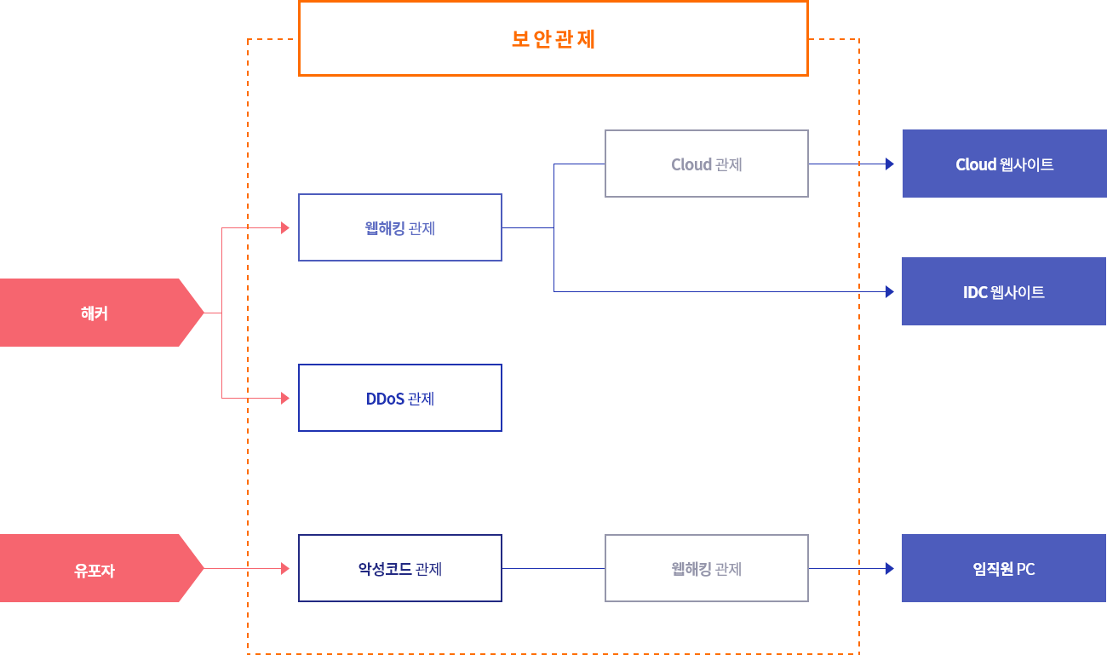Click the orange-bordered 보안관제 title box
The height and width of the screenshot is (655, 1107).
[553, 39]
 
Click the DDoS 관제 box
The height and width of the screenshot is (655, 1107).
[399, 398]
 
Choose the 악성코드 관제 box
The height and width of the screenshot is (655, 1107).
[399, 568]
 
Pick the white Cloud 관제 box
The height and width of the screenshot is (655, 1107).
[706, 164]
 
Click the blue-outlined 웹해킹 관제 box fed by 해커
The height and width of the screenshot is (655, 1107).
[399, 227]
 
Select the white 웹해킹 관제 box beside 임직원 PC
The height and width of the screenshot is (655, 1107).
[706, 568]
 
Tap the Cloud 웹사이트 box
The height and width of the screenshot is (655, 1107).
[1004, 164]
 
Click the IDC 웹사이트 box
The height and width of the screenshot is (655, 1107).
[1004, 291]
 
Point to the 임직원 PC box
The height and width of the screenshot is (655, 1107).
[1004, 568]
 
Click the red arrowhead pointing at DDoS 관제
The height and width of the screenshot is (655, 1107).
[285, 398]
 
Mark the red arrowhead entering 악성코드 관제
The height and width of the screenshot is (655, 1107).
[285, 568]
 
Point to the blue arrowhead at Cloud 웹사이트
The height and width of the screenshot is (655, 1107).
[890, 164]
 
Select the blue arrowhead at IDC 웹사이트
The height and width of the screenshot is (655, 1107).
[890, 291]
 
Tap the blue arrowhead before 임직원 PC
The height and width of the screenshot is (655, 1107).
[890, 568]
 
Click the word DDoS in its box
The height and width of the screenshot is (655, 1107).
[385, 399]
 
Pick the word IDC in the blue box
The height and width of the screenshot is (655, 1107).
[975, 292]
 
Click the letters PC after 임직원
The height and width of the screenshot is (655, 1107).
[1025, 569]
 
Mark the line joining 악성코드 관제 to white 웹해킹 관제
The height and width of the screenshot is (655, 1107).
[553, 568]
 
